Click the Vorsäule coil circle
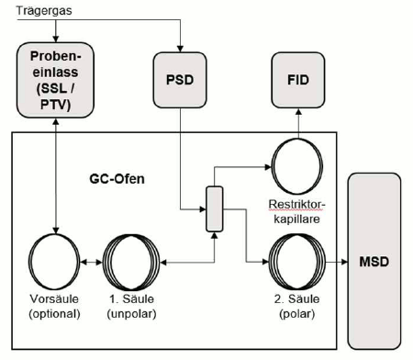pyautogui.click(x=57, y=262)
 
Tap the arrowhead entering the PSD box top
pyautogui.click(x=181, y=48)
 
